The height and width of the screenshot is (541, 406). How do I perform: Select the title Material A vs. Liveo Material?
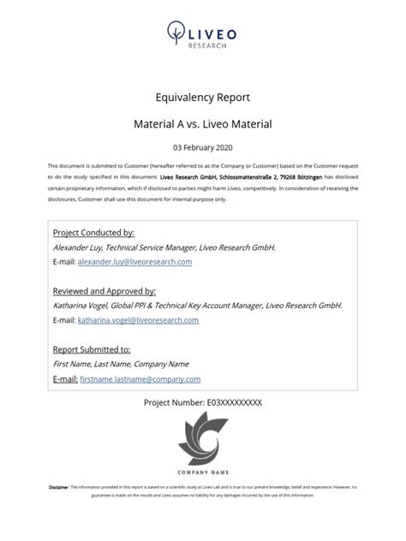click(202, 124)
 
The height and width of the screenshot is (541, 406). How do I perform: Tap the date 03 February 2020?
click(202, 148)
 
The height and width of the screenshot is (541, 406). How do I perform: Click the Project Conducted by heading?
click(93, 233)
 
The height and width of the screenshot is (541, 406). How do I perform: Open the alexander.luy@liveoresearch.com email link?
click(134, 262)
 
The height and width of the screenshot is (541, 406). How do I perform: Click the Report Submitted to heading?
click(92, 349)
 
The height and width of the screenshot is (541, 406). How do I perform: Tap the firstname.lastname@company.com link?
click(140, 378)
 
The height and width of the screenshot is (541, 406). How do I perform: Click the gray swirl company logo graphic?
click(202, 440)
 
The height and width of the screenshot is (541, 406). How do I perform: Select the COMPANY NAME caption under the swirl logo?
click(202, 472)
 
